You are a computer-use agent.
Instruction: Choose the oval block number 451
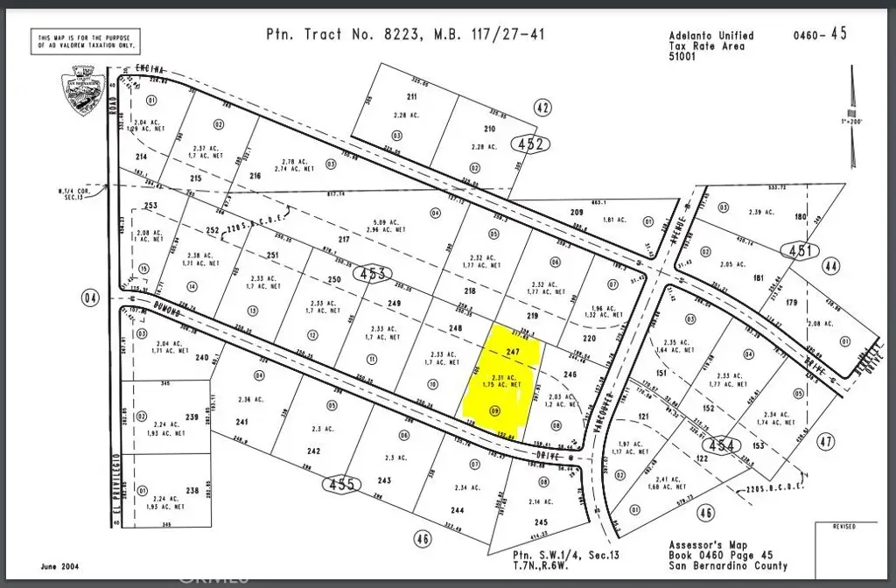[x=801, y=251]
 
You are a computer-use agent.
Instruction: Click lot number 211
[x=411, y=96]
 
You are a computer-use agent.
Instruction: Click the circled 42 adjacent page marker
[x=542, y=108]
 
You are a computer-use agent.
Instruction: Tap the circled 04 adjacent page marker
[x=91, y=298]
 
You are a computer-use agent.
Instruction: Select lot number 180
[x=799, y=216]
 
